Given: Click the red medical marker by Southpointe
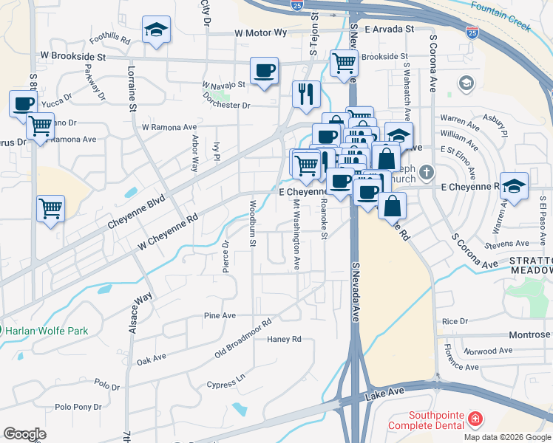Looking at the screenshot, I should (473, 419).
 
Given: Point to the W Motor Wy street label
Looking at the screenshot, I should (261, 33).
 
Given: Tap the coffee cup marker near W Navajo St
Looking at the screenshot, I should (264, 72).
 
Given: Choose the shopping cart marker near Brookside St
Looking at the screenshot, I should (344, 64).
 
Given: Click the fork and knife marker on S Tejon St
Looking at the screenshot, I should (306, 95).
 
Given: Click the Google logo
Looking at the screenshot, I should (24, 434).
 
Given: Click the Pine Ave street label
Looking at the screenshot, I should (220, 315).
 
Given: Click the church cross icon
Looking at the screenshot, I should (426, 174).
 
